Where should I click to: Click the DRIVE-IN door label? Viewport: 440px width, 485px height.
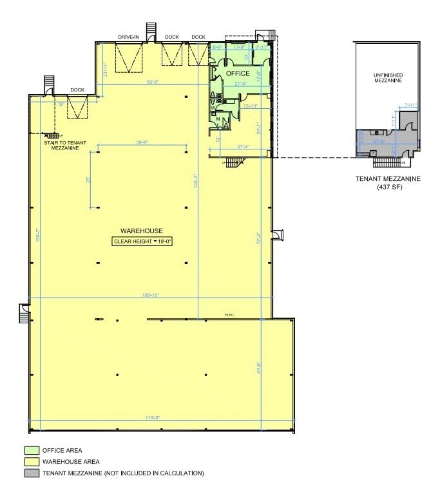coord(128,37)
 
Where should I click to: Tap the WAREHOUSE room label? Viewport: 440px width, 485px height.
coord(141,231)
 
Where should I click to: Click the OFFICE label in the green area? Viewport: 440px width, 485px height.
coord(237,73)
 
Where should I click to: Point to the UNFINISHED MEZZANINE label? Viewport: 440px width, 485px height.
coord(388,78)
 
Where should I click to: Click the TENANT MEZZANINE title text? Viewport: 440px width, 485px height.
coord(388,179)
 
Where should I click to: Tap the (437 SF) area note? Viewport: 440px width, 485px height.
coord(388,187)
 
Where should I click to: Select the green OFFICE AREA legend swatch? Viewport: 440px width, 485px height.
coord(32,450)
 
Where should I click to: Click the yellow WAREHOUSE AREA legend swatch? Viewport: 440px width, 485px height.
coord(32,462)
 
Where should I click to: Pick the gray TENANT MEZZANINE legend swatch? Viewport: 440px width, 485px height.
coord(32,473)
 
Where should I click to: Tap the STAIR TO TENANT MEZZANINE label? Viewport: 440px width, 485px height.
coord(62,146)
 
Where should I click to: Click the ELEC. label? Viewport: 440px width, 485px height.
coord(230,314)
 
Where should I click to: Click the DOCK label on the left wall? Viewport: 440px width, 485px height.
coord(77,90)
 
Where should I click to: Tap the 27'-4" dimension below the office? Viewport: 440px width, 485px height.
coord(244,147)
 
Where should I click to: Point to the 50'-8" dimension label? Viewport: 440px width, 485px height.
coord(153,82)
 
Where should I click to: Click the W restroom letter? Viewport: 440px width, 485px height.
coord(213,107)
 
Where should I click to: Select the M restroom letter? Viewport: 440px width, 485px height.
coord(218,119)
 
